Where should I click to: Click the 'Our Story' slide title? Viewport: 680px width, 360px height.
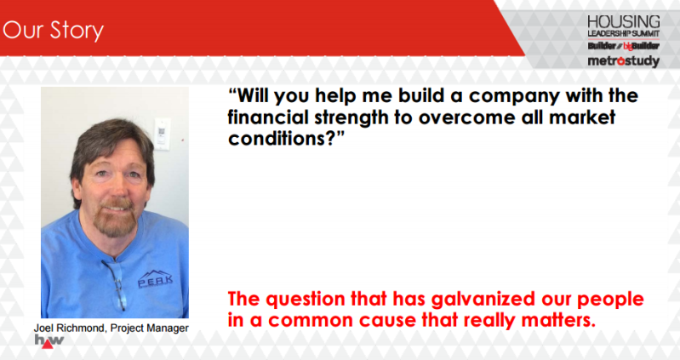(x=53, y=31)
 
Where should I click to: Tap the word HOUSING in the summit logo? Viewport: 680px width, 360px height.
(x=624, y=21)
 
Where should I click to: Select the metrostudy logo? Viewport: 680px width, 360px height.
(x=624, y=61)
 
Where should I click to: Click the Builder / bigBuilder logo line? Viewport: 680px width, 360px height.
(x=624, y=46)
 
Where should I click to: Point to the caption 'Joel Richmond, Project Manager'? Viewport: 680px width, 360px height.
(x=111, y=328)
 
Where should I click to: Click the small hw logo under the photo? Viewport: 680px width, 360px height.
(x=49, y=341)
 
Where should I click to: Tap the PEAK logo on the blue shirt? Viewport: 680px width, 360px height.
(x=155, y=278)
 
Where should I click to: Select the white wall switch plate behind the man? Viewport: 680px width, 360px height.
(x=162, y=134)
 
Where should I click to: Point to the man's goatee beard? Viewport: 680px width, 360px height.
(x=115, y=219)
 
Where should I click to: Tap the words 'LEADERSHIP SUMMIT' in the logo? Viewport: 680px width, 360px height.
(x=624, y=33)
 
